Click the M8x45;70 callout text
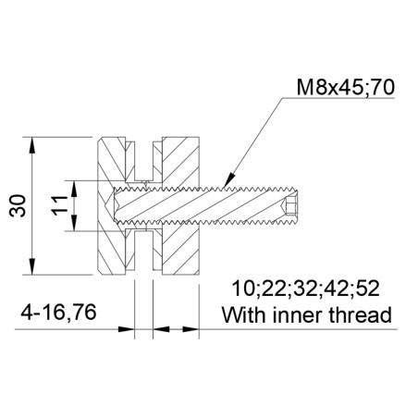coord(347,88)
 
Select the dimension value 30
coord(18,207)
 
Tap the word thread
coord(362,313)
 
